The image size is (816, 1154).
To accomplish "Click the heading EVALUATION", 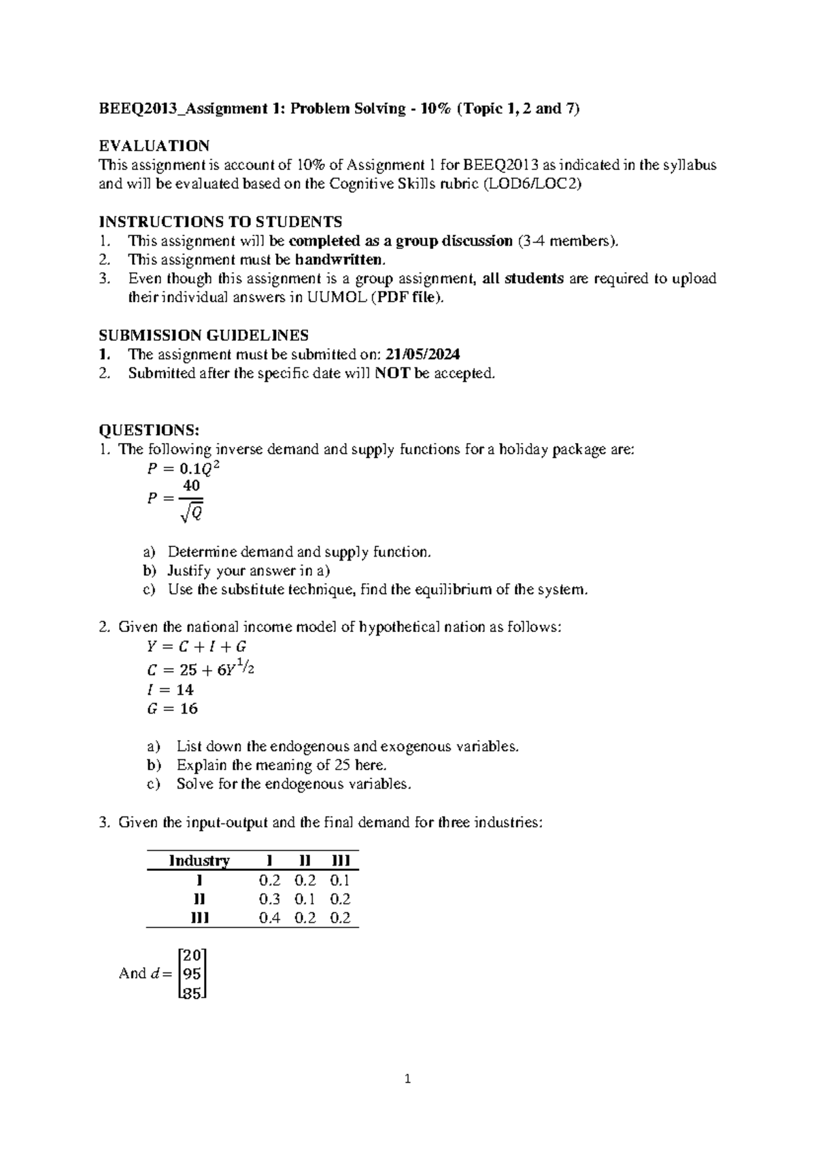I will (154, 146).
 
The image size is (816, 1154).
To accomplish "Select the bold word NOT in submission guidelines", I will (392, 373).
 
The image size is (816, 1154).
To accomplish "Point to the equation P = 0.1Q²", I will (184, 469).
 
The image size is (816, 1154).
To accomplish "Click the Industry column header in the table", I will (199, 861).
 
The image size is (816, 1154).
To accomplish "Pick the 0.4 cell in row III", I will (270, 917).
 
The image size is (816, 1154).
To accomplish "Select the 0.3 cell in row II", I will (270, 898).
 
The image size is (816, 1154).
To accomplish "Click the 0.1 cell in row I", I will (340, 880).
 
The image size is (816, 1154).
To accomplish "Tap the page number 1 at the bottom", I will (407, 1079).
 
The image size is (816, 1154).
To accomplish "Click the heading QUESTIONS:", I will (149, 430).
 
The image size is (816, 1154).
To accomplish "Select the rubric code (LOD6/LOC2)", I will (532, 184).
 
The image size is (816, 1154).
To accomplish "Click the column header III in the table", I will (340, 861).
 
